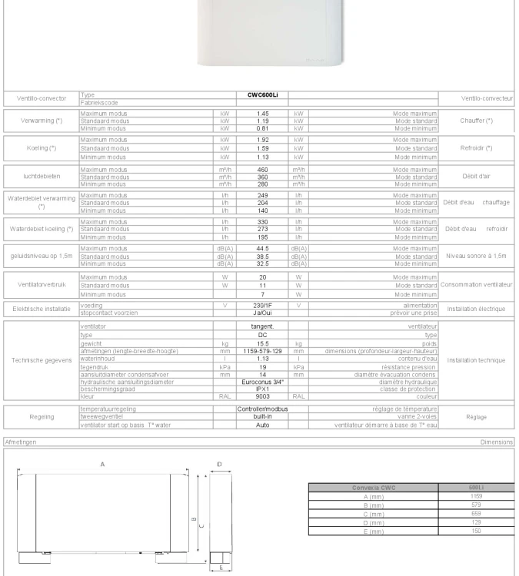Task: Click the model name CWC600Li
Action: (x=261, y=95)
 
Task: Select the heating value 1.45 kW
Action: (x=261, y=114)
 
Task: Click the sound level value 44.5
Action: (x=261, y=248)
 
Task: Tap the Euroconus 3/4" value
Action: (x=261, y=381)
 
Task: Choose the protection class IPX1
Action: (x=261, y=388)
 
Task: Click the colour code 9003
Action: (x=261, y=395)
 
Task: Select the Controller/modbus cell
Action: (x=261, y=409)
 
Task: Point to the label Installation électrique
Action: (x=476, y=308)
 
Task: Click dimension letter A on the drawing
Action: (x=102, y=465)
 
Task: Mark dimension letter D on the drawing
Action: (x=220, y=464)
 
